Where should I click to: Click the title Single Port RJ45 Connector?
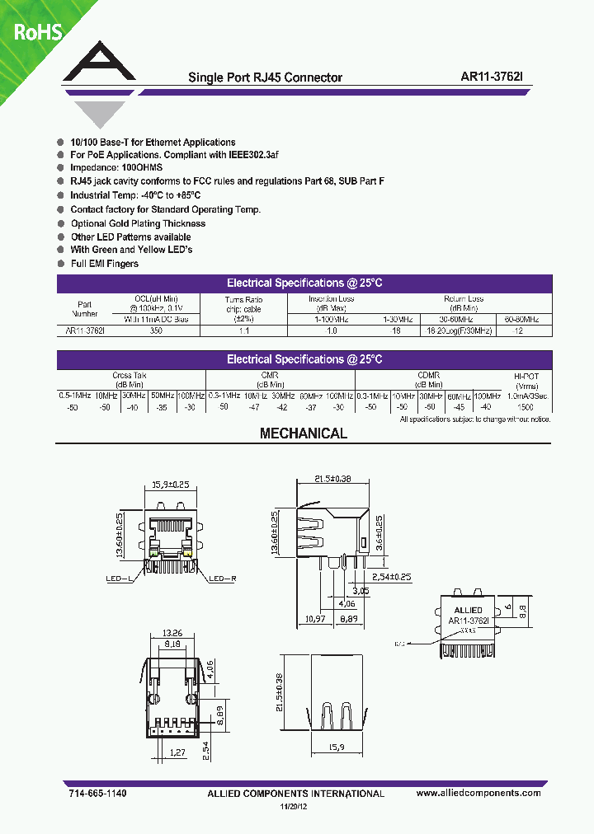coord(265,77)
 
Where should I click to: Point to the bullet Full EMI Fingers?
coord(104,264)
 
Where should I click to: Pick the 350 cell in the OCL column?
coord(156,330)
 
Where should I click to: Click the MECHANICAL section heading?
coord(304,433)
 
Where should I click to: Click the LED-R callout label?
coord(223,579)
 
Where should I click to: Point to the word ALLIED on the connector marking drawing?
coord(468,611)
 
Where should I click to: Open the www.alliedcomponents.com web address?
coord(478,793)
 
